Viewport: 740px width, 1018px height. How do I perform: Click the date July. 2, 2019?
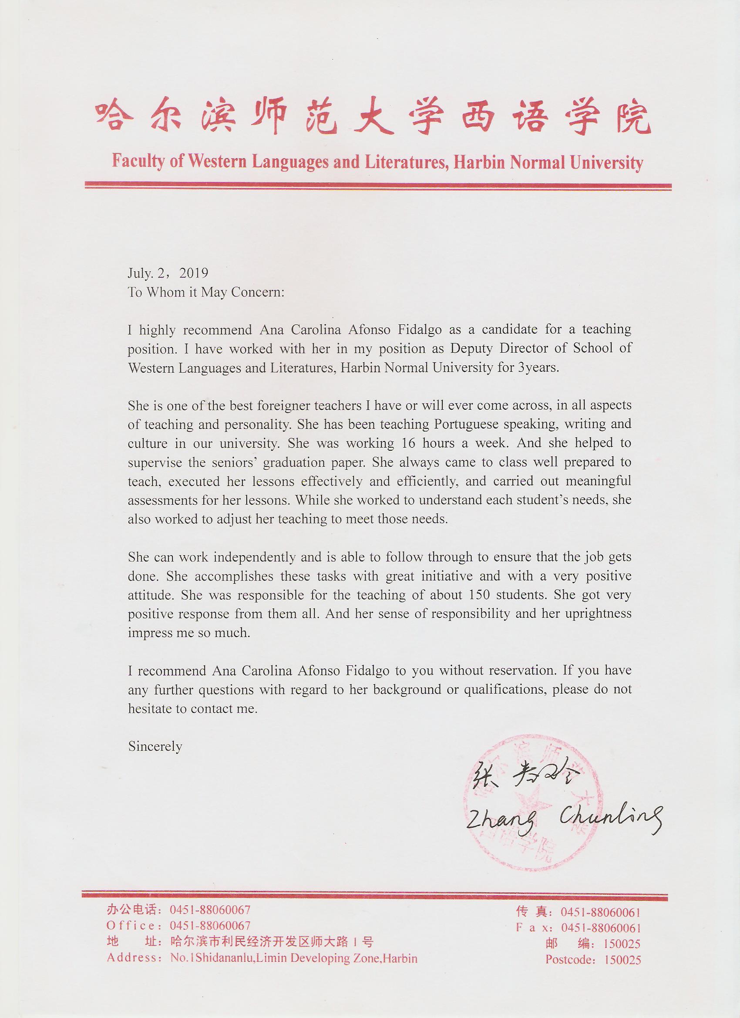168,273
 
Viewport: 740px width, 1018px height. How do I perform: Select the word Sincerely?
155,746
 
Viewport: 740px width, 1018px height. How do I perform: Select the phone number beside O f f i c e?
209,926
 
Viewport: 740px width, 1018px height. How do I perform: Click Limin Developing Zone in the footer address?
325,958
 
